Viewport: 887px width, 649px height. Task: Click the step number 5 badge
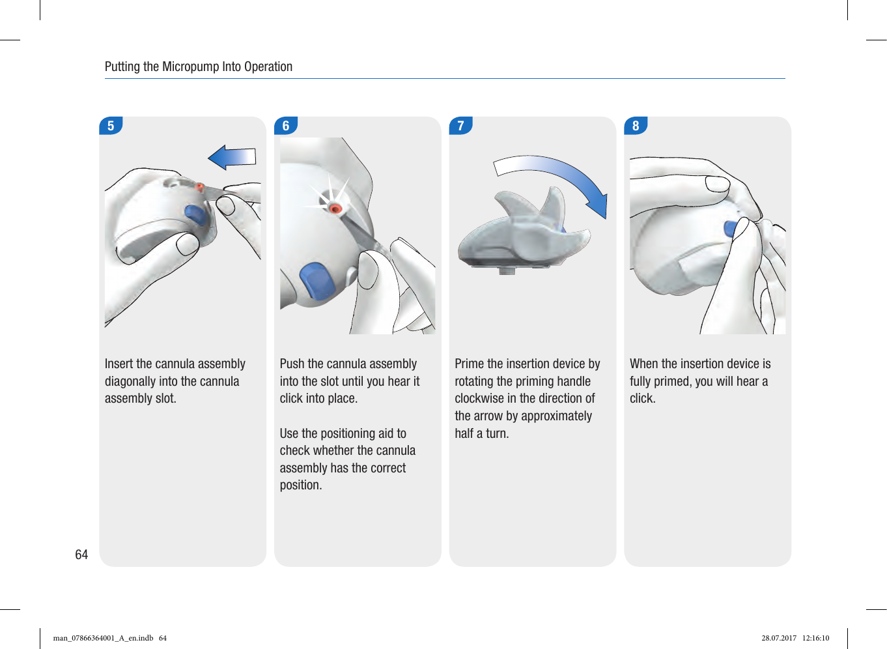pyautogui.click(x=111, y=126)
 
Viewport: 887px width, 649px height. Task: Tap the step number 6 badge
pyautogui.click(x=286, y=126)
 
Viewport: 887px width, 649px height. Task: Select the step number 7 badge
pyautogui.click(x=461, y=126)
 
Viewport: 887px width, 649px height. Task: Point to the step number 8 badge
pyautogui.click(x=636, y=126)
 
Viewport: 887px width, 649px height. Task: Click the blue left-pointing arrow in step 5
pyautogui.click(x=232, y=157)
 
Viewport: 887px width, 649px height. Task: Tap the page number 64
pyautogui.click(x=81, y=555)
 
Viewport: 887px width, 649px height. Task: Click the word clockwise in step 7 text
pyautogui.click(x=479, y=398)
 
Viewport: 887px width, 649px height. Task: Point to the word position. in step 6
pyautogui.click(x=301, y=485)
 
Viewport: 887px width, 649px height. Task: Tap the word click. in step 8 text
pyautogui.click(x=642, y=398)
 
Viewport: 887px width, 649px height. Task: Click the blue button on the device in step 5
pyautogui.click(x=195, y=214)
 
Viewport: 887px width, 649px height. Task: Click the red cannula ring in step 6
pyautogui.click(x=335, y=209)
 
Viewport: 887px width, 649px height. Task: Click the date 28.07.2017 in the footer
pyautogui.click(x=779, y=638)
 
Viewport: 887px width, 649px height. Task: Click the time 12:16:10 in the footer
pyautogui.click(x=815, y=638)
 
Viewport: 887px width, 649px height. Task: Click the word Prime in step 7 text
pyautogui.click(x=469, y=364)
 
